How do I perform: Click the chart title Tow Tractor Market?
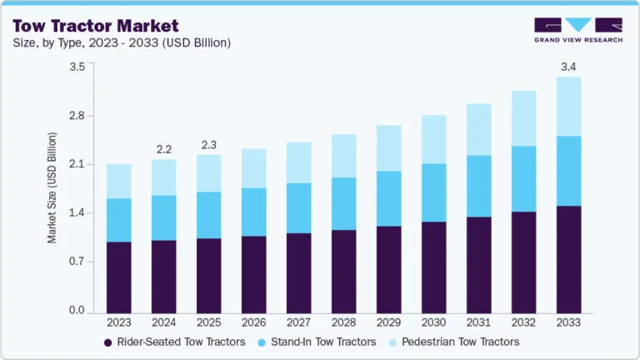point(96,26)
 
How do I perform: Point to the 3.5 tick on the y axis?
point(77,67)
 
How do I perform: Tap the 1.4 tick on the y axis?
point(77,213)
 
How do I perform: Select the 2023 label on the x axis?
point(118,322)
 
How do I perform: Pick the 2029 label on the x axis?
point(388,322)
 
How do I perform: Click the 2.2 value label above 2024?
point(163,149)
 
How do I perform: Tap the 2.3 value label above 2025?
point(208,144)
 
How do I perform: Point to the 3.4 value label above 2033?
point(568,67)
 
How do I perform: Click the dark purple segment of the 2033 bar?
point(568,258)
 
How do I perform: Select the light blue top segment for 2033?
point(568,107)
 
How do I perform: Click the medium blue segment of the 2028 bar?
point(343,203)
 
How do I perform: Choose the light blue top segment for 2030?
point(433,139)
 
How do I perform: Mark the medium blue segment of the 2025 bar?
point(208,215)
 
